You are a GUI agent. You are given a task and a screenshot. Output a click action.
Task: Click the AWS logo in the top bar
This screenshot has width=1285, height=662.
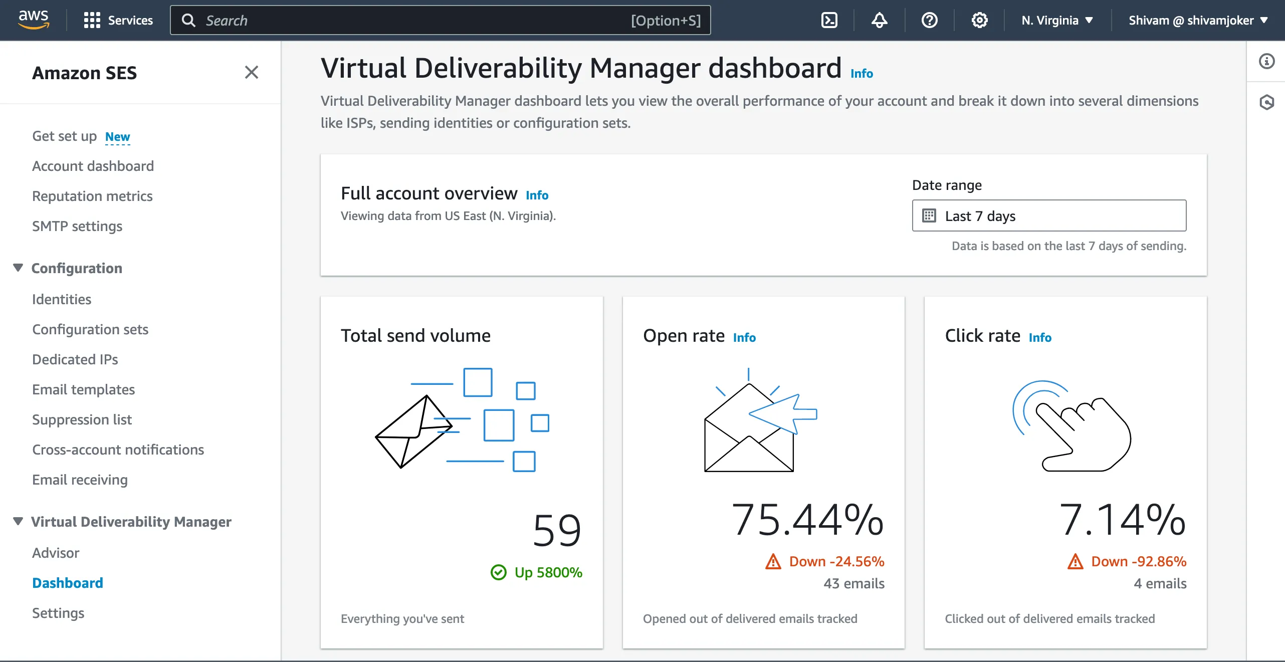coord(34,20)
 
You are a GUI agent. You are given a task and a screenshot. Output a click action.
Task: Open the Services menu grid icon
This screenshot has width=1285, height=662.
coord(92,20)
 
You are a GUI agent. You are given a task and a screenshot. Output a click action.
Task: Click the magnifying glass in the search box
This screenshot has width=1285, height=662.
coord(188,20)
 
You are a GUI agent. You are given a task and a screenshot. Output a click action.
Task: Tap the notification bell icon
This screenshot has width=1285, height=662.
coord(879,20)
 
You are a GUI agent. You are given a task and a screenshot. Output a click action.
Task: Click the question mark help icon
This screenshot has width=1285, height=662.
coord(929,20)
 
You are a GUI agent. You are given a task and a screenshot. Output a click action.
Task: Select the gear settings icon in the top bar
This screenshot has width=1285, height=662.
coord(979,20)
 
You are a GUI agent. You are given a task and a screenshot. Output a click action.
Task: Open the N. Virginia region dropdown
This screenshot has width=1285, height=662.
coord(1057,20)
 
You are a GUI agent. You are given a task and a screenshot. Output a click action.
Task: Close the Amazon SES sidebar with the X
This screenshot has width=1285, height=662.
coord(252,72)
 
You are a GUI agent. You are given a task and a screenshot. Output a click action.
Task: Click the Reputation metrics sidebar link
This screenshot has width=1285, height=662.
coord(92,196)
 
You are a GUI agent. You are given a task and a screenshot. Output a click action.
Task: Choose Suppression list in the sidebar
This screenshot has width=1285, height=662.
coord(82,419)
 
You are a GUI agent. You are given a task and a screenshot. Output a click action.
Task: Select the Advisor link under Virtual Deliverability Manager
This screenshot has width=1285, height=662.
coord(56,553)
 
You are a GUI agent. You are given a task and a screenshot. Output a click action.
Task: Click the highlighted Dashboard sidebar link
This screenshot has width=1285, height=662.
coord(68,583)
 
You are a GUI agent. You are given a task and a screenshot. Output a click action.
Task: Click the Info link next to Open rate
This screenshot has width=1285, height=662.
coord(744,337)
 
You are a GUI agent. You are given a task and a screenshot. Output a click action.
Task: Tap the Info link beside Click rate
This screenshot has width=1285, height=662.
coord(1040,337)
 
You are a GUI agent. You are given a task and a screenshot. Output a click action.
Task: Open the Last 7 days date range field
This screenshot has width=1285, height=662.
coord(1049,215)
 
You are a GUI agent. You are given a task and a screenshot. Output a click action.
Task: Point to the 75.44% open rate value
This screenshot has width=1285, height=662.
coord(807,520)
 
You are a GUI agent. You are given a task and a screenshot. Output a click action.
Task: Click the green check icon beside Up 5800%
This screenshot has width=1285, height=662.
coord(499,572)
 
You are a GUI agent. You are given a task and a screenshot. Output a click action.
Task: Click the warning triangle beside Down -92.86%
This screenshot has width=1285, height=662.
coord(1076,561)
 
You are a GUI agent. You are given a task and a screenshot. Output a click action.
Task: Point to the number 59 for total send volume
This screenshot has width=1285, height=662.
coord(557,530)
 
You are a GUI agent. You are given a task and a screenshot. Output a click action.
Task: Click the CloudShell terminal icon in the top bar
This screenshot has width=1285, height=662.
coord(829,20)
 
